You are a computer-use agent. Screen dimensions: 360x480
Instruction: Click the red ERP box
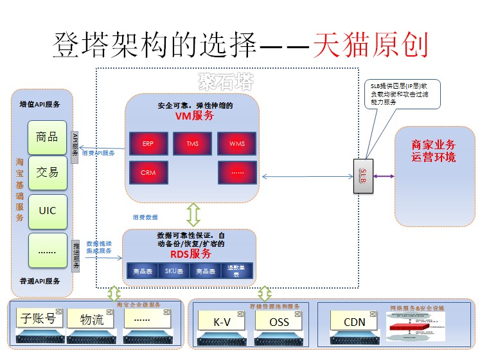click(147, 143)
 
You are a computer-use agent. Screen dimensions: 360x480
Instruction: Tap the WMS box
click(236, 143)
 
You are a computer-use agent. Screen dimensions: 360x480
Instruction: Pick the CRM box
click(147, 172)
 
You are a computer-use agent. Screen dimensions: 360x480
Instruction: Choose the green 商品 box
click(48, 137)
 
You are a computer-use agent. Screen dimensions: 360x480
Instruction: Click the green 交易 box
click(48, 173)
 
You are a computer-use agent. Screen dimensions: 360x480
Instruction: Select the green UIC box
click(48, 210)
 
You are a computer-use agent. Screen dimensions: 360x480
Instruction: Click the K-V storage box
click(222, 320)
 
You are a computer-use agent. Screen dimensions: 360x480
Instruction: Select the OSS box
click(279, 320)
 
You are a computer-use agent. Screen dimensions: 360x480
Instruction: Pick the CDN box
click(354, 321)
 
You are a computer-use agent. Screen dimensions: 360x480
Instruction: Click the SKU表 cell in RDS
click(173, 271)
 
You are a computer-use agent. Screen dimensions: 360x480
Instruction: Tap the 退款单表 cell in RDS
click(237, 271)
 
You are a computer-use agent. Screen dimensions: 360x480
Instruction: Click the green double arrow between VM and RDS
click(193, 214)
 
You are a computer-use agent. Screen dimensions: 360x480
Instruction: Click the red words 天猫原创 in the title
click(369, 46)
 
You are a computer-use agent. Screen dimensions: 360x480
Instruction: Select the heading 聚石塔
click(225, 82)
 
